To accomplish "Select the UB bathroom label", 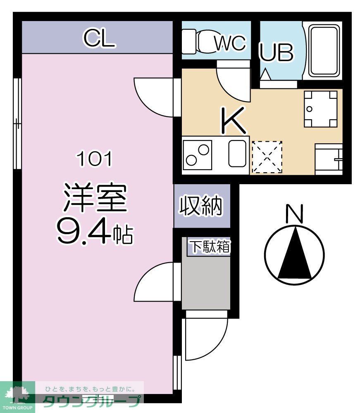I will pos(277,52).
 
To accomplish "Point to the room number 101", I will pos(94,159).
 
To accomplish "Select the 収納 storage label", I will pos(201,205).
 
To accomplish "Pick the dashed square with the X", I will pos(267,157).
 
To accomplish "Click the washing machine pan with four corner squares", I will pos(320,109).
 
